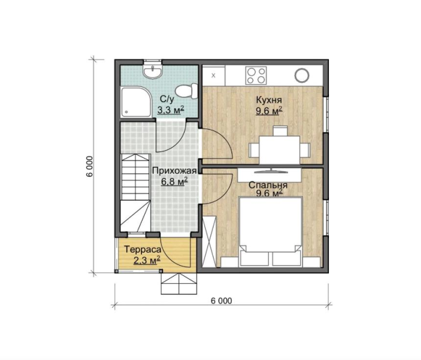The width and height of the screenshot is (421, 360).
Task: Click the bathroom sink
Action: coord(153,71)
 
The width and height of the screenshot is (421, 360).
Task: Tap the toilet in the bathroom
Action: coord(186,91)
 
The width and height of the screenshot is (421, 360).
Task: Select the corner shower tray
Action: coord(136,102)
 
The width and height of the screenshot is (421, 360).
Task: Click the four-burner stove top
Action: coord(256,75)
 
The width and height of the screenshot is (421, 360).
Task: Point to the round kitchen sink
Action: coord(302,75)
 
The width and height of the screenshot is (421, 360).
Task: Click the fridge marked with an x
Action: coord(214,76)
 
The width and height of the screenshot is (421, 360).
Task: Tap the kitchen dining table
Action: coord(280,150)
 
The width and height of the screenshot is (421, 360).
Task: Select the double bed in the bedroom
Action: coord(271,231)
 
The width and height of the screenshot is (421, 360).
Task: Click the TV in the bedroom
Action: coord(271,171)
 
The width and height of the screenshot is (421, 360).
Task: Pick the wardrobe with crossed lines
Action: coord(209,242)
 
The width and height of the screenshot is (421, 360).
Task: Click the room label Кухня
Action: coord(269,100)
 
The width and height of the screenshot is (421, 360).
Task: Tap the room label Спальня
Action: coord(268,185)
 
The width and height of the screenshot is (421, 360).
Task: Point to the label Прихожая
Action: coord(174,171)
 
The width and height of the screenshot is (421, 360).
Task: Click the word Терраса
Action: coord(143,249)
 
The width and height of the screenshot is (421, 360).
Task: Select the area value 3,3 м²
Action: coord(170,110)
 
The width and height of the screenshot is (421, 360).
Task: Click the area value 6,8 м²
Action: coord(174,182)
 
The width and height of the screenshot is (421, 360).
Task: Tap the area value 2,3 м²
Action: coord(147,260)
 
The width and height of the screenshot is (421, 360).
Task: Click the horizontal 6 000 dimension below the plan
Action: coord(221,301)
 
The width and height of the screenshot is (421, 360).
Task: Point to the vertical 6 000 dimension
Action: coord(90,166)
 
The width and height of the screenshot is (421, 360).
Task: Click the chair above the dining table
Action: coord(280,131)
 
